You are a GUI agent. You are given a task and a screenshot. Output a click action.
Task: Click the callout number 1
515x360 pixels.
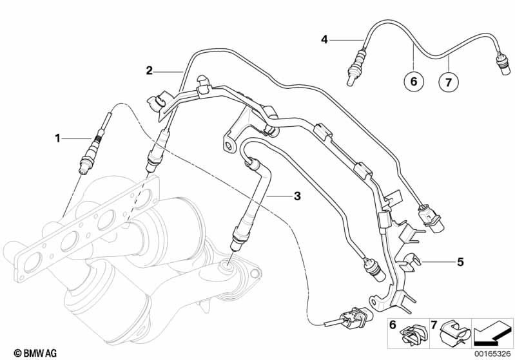tap(57, 137)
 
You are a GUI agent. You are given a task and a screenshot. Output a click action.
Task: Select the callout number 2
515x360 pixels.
tap(149, 70)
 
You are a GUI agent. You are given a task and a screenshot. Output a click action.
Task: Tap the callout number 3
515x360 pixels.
tap(296, 196)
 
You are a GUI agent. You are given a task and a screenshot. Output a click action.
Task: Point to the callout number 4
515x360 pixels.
tap(325, 39)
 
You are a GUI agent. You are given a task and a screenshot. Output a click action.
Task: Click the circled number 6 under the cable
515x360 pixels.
tap(414, 82)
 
